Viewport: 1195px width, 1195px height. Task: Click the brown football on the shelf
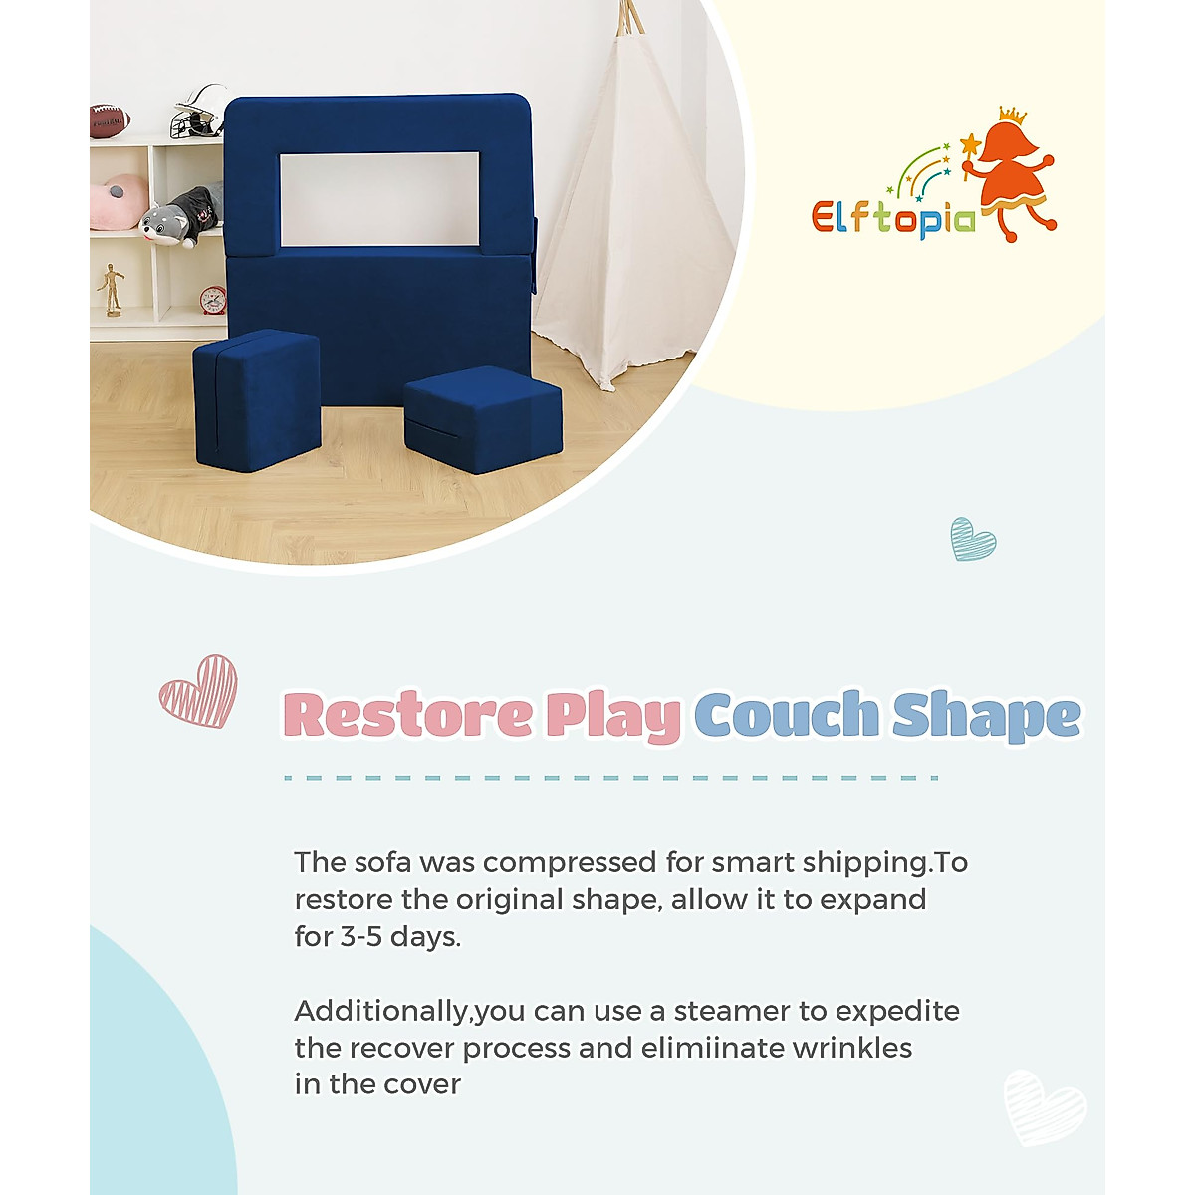tap(110, 120)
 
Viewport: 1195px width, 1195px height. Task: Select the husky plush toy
tap(179, 214)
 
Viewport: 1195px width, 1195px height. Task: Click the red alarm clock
tap(213, 299)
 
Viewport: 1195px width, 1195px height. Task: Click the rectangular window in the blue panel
tap(378, 199)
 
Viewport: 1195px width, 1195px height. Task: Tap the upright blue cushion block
tap(258, 398)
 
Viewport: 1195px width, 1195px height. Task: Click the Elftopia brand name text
tap(893, 217)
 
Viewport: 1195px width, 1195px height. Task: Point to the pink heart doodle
tap(199, 691)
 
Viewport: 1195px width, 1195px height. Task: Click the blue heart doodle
tap(972, 539)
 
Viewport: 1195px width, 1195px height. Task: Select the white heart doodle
tap(1044, 1106)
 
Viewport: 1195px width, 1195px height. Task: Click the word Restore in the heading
tap(408, 715)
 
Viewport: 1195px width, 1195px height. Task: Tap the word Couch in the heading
tap(787, 715)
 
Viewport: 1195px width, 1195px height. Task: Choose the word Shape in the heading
tap(986, 715)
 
